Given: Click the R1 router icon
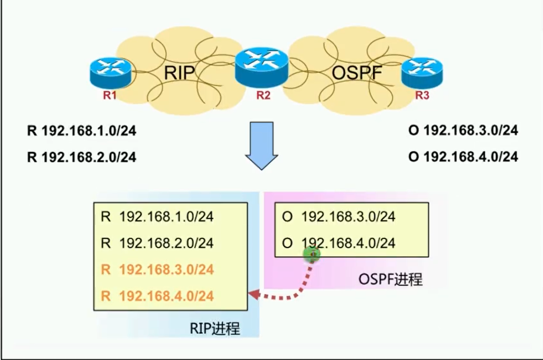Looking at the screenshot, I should [x=110, y=72].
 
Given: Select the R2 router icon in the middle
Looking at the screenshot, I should [x=261, y=66].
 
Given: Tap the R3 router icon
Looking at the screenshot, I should [x=422, y=72].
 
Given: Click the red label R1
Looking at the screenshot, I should [x=110, y=96].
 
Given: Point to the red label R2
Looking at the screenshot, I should [x=263, y=96].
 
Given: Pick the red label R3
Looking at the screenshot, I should [x=422, y=96].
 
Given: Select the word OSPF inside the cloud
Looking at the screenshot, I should [x=357, y=73].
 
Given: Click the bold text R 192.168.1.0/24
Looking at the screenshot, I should [x=81, y=131].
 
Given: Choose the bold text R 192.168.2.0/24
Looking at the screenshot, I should [x=81, y=157].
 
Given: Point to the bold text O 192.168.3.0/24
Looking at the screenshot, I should [x=463, y=131].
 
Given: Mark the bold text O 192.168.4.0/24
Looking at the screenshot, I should [x=463, y=157].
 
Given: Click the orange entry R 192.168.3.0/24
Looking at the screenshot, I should [x=157, y=270].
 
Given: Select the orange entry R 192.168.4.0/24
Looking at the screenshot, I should [x=157, y=296].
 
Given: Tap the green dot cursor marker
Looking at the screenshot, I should [x=312, y=254].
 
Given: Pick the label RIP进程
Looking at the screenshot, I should [x=215, y=329].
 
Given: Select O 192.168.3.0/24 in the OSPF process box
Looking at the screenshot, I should [x=338, y=216].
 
